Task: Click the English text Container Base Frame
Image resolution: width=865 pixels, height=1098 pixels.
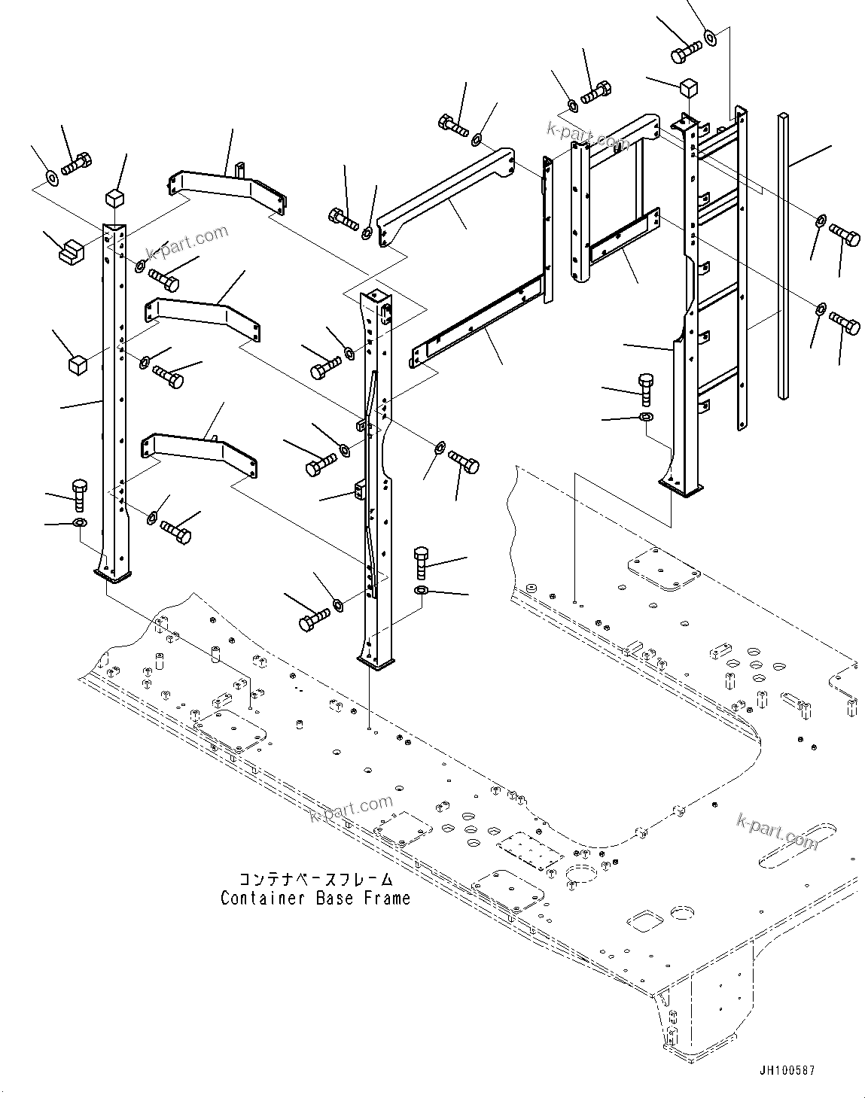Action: click(x=315, y=898)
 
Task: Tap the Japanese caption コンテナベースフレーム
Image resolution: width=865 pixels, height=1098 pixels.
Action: click(x=315, y=879)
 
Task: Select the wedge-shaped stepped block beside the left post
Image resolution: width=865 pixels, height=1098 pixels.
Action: click(x=72, y=249)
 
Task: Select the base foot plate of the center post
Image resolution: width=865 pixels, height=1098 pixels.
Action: click(x=376, y=662)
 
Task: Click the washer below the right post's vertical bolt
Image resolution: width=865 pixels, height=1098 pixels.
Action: click(x=645, y=417)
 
